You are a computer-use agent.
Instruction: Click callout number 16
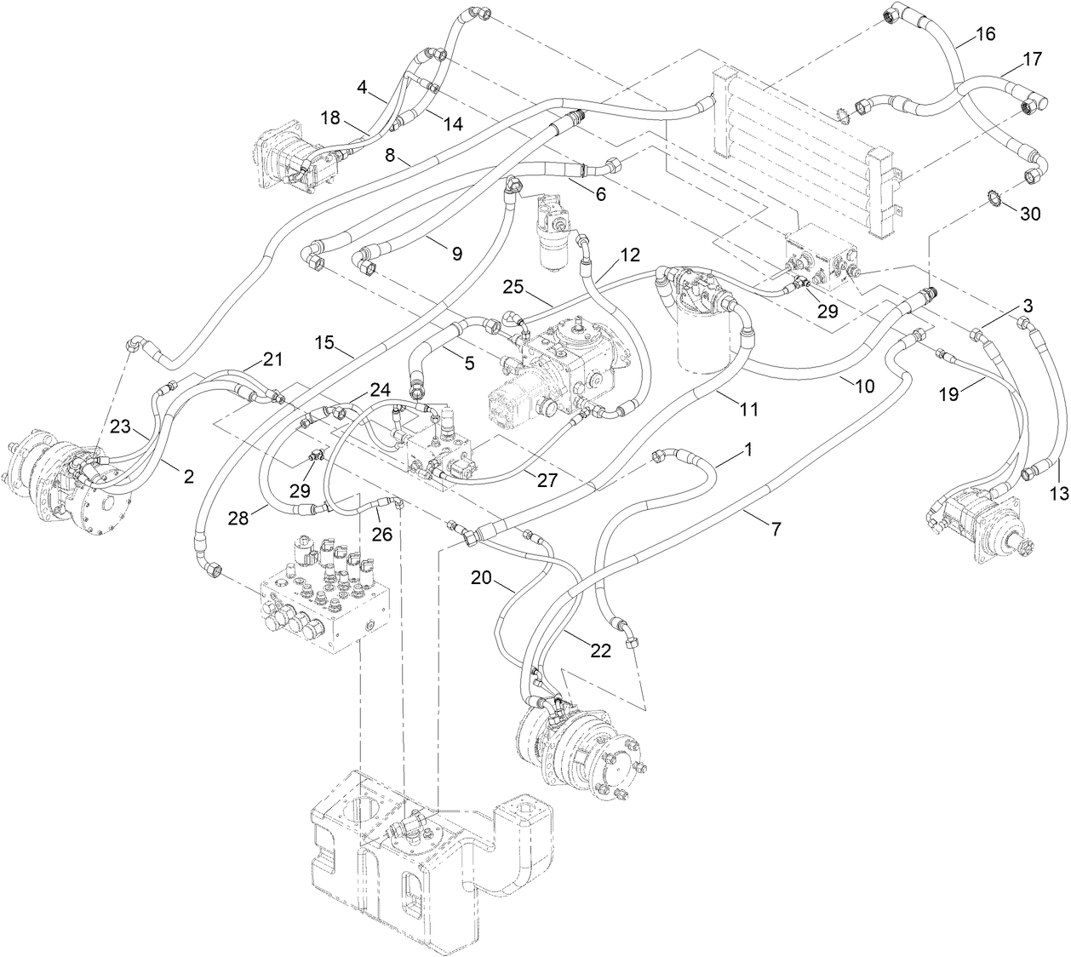coord(984,35)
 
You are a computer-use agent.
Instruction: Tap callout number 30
coord(1030,215)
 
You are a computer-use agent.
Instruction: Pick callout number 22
coord(600,651)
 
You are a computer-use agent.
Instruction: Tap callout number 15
coord(324,343)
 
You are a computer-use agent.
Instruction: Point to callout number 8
coord(390,156)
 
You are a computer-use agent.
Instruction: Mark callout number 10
coord(863,386)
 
